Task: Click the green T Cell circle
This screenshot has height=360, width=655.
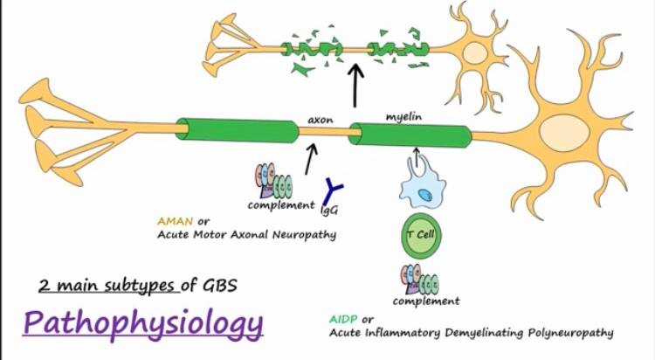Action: (421, 236)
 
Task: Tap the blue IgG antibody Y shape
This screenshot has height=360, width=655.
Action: (332, 191)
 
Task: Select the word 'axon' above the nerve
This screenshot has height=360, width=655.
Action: (321, 120)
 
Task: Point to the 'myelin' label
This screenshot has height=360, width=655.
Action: (403, 117)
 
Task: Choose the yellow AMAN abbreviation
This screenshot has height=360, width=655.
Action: (175, 221)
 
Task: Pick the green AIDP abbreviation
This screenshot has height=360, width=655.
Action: (343, 320)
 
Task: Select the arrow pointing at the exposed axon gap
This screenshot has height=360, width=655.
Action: (310, 159)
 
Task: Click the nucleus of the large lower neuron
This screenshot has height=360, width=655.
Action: (564, 130)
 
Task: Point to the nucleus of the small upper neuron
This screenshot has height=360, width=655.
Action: (475, 52)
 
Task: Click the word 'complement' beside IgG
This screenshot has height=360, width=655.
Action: (281, 205)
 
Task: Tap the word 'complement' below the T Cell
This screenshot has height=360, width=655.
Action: (426, 301)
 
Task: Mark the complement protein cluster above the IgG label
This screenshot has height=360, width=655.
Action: (273, 181)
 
